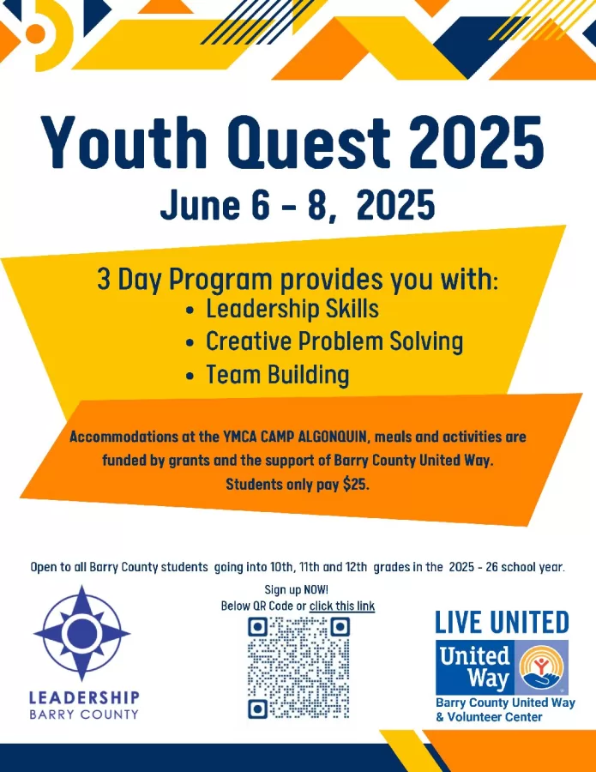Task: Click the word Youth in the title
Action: coord(123,142)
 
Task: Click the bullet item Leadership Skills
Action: coord(292,309)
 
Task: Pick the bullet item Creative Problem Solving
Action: coord(334,341)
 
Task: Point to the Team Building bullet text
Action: coord(278,375)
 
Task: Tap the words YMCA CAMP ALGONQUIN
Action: coord(294,437)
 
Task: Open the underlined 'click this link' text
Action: coord(342,606)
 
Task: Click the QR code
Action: coord(298,668)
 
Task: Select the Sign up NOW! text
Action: coord(296,589)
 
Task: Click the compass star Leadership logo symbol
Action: coord(81,633)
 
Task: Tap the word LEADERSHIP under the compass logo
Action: coord(84,697)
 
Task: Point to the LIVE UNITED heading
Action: coord(502,623)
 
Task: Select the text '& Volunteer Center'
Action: coord(489,717)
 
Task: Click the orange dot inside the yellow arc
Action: coord(35,33)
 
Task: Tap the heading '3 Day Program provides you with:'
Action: coord(298,280)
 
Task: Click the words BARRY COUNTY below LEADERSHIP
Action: coord(84,715)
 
